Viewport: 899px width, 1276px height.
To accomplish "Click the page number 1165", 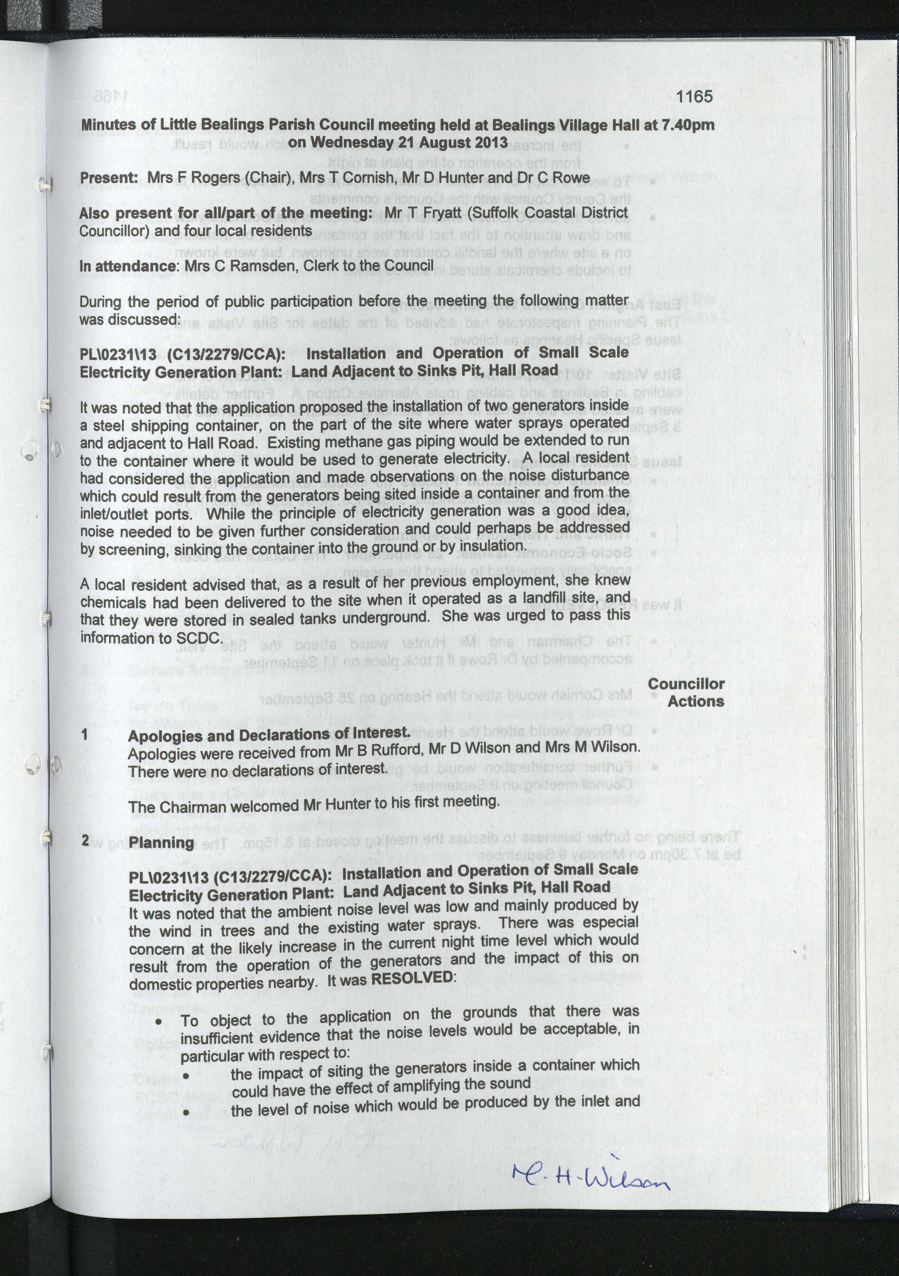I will coord(694,97).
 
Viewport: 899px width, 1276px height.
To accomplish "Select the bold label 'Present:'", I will coord(109,178).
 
